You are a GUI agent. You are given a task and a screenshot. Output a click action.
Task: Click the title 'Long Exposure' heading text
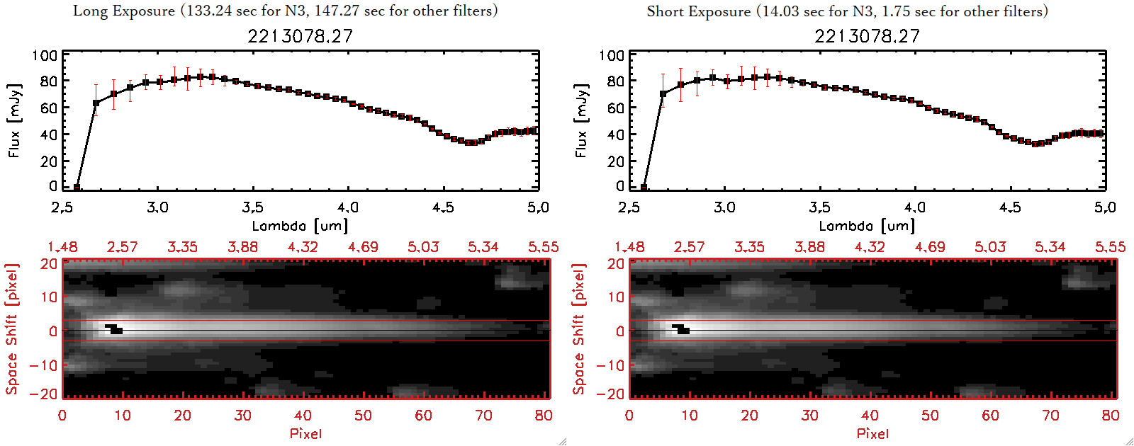pos(124,11)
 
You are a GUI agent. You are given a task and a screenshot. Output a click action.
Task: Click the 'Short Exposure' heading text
pos(698,11)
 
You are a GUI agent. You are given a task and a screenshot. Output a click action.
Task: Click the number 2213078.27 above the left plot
pos(300,36)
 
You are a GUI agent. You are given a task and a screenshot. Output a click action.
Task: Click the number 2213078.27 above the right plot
pos(867,36)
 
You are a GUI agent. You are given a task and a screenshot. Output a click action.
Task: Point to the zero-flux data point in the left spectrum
pos(77,188)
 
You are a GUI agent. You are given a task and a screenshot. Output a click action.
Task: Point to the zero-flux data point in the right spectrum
pos(644,188)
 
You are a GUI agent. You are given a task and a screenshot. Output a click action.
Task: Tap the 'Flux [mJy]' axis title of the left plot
pos(15,120)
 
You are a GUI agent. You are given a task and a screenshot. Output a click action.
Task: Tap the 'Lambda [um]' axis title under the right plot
pos(867,226)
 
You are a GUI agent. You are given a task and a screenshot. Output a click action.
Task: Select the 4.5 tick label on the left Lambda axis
pos(443,207)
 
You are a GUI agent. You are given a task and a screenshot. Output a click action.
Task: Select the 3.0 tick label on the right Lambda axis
pos(724,207)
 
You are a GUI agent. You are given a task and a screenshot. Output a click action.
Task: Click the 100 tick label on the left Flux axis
pos(45,55)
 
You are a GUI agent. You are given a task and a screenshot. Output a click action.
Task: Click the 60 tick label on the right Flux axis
pos(615,108)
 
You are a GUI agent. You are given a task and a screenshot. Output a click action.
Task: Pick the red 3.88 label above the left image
pos(242,247)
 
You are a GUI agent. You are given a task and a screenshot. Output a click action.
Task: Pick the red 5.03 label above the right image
pos(990,247)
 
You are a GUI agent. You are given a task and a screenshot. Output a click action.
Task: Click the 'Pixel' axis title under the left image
pos(305,433)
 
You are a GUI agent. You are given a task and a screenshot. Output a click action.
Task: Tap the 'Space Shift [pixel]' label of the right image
pos(579,329)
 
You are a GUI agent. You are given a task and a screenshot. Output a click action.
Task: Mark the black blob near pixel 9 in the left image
pos(114,329)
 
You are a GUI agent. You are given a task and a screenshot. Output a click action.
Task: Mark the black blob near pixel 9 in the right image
pos(681,329)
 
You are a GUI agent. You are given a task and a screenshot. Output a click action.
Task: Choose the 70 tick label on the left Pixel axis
pos(483,416)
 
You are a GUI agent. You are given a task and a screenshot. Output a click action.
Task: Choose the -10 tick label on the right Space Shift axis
pos(610,365)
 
